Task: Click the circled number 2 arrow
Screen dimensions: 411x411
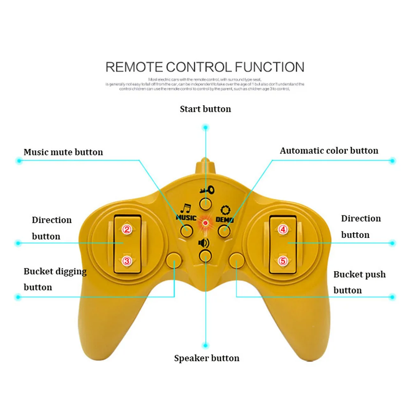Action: [127, 230]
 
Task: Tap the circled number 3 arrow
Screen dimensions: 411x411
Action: [127, 261]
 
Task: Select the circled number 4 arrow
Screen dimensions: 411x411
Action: [283, 230]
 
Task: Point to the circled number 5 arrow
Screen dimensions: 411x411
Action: [283, 261]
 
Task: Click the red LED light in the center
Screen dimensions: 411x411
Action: [205, 223]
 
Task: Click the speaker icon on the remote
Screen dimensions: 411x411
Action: [204, 242]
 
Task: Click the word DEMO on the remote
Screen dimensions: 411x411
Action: [224, 220]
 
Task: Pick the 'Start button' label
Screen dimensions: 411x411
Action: [205, 109]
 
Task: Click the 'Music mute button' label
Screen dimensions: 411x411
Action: [63, 152]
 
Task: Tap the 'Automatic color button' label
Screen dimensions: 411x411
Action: [329, 151]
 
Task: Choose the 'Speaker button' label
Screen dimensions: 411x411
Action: [206, 358]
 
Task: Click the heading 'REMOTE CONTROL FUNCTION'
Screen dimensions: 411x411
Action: [205, 67]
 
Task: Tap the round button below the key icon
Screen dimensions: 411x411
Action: [205, 202]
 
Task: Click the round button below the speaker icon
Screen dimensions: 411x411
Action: [205, 256]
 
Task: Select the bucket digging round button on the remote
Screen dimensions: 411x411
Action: [174, 260]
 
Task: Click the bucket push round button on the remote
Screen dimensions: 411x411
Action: [236, 260]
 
